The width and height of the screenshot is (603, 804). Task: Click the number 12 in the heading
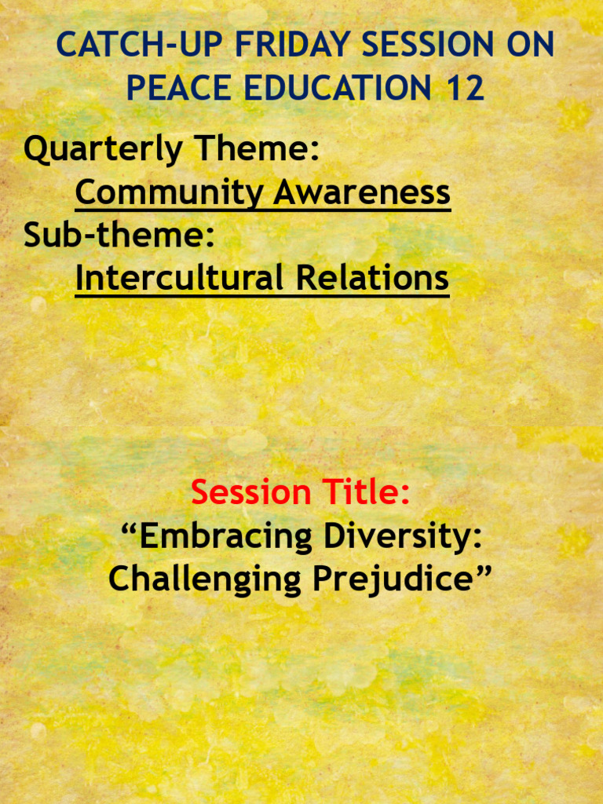(465, 89)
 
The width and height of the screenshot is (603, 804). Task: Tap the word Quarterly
(103, 150)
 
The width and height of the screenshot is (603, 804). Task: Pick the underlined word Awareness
(362, 192)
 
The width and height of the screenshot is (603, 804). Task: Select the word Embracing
(214, 537)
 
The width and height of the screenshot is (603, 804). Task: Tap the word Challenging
(206, 580)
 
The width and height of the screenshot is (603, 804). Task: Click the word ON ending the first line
(530, 46)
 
